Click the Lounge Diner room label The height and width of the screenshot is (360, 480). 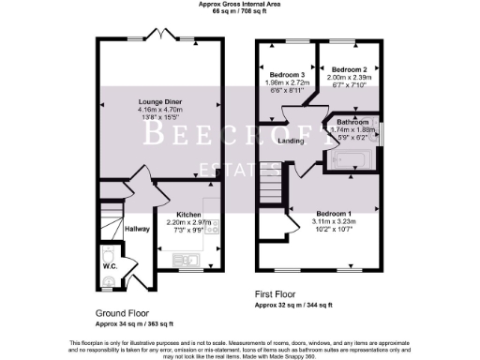160,101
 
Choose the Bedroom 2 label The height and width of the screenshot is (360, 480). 349,70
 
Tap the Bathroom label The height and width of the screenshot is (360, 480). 352,122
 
